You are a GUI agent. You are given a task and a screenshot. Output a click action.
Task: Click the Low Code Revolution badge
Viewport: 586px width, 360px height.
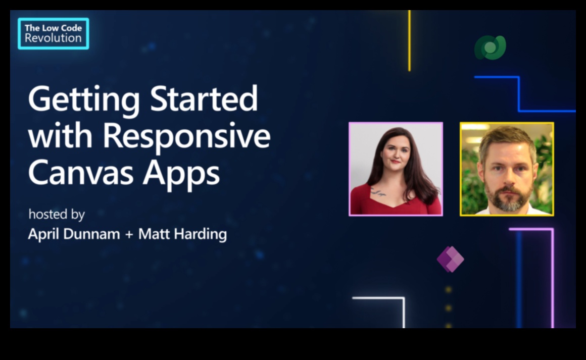[53, 33]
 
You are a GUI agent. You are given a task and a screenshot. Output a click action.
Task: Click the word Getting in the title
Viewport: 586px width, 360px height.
[84, 99]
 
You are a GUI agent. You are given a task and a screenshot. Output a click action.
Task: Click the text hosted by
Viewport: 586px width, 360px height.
[56, 215]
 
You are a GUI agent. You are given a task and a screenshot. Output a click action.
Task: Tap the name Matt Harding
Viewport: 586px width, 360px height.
[182, 234]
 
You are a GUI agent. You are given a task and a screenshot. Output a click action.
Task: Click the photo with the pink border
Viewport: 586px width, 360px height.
[396, 169]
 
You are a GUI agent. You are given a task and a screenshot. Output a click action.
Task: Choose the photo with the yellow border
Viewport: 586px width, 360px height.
[507, 169]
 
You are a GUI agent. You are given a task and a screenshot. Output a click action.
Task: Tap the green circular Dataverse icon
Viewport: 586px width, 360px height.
[490, 48]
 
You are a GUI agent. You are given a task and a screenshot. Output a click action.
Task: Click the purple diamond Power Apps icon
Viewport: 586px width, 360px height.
[450, 259]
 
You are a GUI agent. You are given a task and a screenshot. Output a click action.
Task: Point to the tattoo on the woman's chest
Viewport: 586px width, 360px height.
[378, 192]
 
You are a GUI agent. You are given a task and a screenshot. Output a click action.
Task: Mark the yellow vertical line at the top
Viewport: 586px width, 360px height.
[409, 40]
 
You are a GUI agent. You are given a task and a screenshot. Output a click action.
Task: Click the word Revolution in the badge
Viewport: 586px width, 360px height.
[53, 38]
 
